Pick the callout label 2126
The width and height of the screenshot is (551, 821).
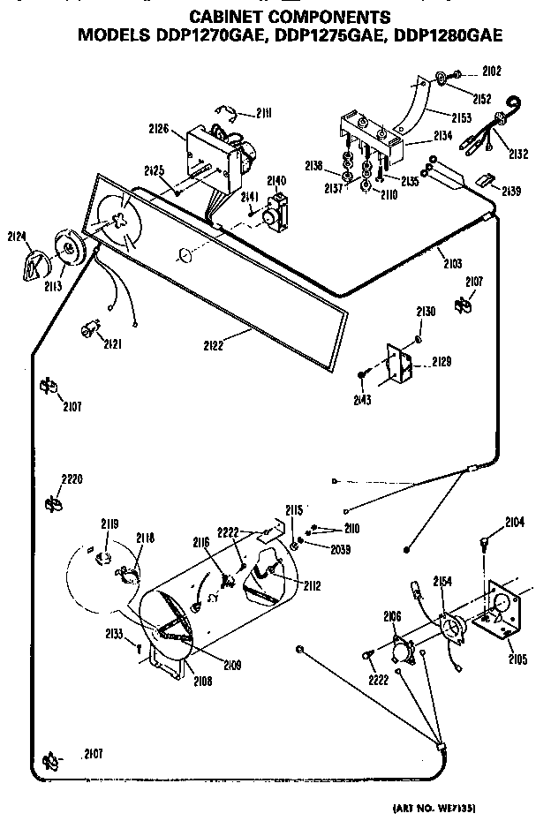point(158,128)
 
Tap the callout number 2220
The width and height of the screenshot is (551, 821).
point(72,479)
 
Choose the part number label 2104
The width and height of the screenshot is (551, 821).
point(515,523)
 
